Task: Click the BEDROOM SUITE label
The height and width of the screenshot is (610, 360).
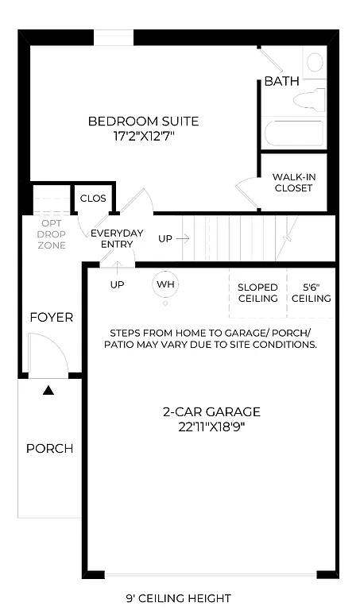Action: click(143, 122)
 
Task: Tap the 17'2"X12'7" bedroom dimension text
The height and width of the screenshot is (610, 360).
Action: click(143, 136)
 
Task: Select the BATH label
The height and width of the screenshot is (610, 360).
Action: click(281, 81)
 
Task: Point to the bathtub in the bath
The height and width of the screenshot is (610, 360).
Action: click(293, 132)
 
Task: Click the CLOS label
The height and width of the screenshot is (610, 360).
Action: click(93, 198)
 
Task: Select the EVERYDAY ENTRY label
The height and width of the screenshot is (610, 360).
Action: click(117, 238)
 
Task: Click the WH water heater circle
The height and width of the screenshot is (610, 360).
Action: click(165, 284)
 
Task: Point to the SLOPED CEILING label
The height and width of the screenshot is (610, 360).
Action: click(257, 292)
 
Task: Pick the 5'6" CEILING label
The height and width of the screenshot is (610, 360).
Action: click(311, 292)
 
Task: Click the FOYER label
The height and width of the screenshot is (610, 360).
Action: click(52, 318)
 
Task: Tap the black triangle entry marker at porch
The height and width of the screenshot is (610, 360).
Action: click(49, 390)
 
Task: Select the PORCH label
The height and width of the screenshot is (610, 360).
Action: click(49, 449)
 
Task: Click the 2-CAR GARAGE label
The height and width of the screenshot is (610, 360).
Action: click(211, 412)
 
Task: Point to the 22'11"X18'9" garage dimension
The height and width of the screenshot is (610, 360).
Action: click(211, 427)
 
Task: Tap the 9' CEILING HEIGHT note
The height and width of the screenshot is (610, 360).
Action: click(179, 598)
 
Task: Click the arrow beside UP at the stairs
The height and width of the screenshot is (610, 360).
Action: click(183, 237)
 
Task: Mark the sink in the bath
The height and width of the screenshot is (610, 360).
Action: click(314, 61)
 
